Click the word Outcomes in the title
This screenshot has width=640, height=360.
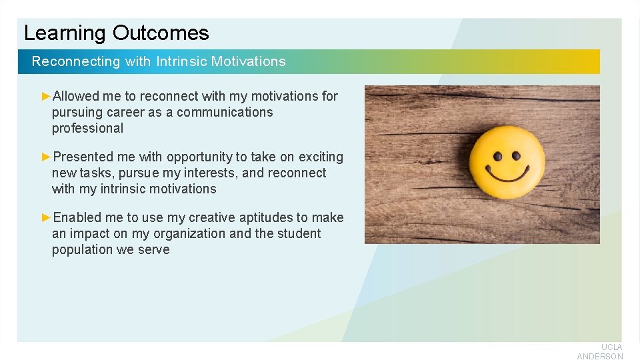pyautogui.click(x=161, y=33)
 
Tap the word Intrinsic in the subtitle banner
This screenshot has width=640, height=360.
pyautogui.click(x=181, y=61)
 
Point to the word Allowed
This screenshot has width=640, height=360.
pyautogui.click(x=76, y=96)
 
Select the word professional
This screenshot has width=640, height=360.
pyautogui.click(x=87, y=128)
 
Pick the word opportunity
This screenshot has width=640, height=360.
pyautogui.click(x=199, y=157)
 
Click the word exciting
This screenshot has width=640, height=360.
pyautogui.click(x=321, y=157)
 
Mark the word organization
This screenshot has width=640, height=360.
pyautogui.click(x=189, y=233)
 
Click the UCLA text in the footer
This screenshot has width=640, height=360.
pyautogui.click(x=611, y=347)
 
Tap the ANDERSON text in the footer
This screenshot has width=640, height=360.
pyautogui.click(x=600, y=357)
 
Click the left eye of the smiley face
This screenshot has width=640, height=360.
pyautogui.click(x=497, y=157)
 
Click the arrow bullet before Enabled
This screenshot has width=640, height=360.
pyautogui.click(x=46, y=217)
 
